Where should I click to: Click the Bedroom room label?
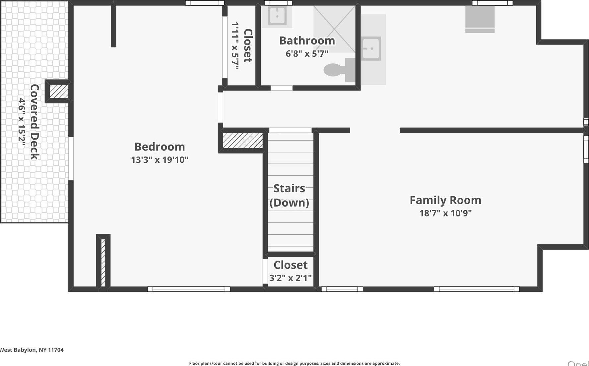(x=160, y=147)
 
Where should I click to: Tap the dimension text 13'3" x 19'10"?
(x=160, y=160)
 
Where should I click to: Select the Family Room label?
(x=445, y=200)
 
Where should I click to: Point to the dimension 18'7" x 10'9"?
(x=445, y=213)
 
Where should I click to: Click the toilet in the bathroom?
(x=337, y=70)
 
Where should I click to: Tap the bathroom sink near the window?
(x=277, y=16)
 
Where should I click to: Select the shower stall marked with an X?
(x=334, y=29)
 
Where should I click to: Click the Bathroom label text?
(x=307, y=41)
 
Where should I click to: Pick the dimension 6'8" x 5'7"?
(x=307, y=53)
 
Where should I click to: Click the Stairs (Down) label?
(x=289, y=196)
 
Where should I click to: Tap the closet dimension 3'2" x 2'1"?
(x=290, y=278)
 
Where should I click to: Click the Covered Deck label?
(x=34, y=122)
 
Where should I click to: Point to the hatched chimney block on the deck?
(x=59, y=91)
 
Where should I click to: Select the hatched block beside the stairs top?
(x=242, y=141)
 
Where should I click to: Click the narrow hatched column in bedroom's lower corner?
(x=103, y=262)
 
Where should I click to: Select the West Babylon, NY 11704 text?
(x=32, y=350)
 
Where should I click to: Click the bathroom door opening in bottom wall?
(x=282, y=88)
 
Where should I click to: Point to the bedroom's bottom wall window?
(x=188, y=289)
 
